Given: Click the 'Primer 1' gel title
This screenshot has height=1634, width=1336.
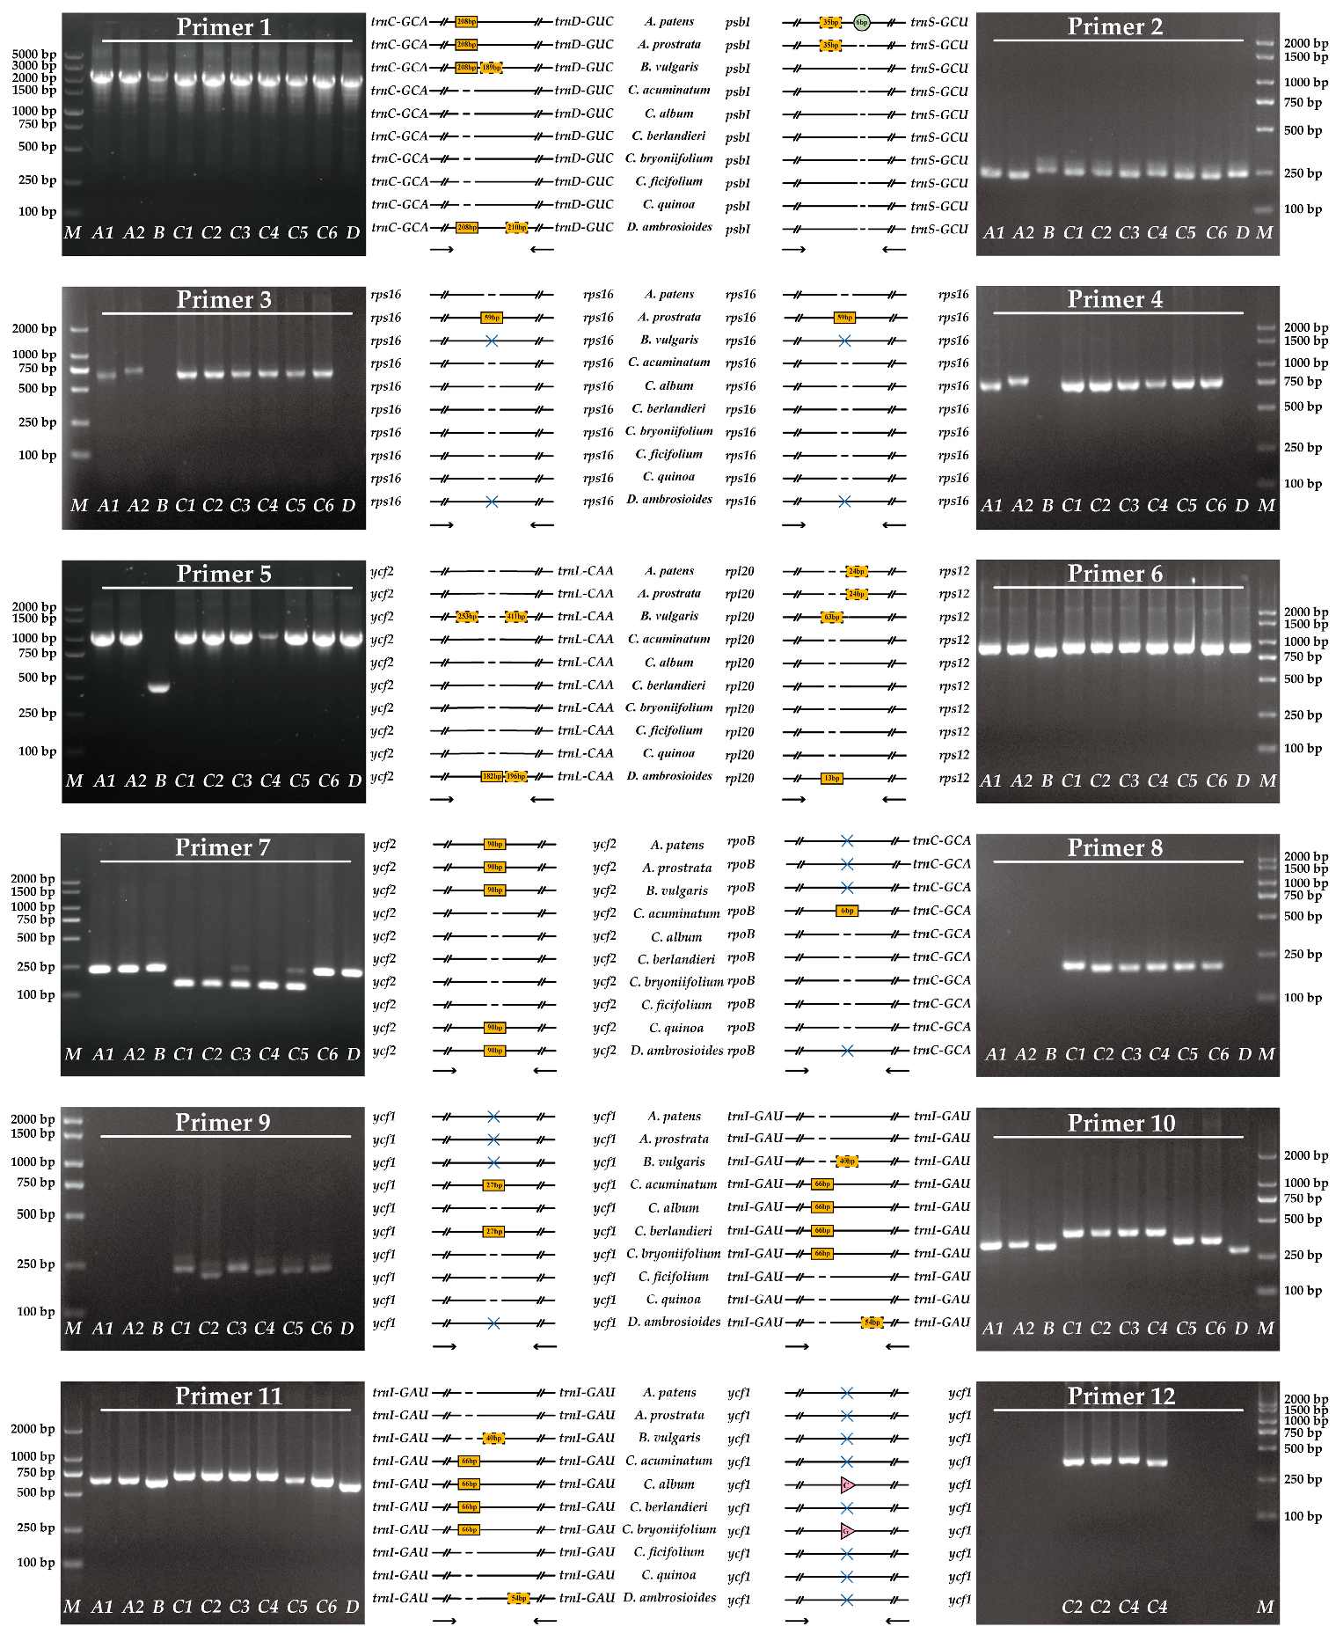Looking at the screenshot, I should coord(223,27).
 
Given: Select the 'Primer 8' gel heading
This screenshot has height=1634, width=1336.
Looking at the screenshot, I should coord(1114,847).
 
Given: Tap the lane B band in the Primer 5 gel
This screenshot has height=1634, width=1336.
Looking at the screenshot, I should coord(158,687).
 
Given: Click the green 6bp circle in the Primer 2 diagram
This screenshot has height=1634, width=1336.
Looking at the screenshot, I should coord(861,22).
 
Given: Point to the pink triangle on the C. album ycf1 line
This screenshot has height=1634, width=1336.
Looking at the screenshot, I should coord(848,1485).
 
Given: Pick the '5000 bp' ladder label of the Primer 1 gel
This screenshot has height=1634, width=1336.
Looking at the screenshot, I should coord(34,55).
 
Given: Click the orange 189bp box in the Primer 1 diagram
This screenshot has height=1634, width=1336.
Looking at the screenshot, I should coord(492,68).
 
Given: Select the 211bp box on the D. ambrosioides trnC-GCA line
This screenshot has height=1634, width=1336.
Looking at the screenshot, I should coord(516,228).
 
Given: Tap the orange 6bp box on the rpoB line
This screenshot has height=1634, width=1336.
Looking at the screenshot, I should coord(846,911).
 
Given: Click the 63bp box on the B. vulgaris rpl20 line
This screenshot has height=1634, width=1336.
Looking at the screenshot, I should coord(831,617).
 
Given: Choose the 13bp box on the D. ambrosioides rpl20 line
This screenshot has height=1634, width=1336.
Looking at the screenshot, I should coord(831,778).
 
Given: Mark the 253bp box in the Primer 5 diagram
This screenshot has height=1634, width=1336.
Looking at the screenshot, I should coord(467,617).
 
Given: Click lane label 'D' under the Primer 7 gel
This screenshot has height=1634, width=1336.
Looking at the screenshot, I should coord(353,1054).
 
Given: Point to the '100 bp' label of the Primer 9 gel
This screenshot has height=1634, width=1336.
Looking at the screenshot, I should coord(36,1311).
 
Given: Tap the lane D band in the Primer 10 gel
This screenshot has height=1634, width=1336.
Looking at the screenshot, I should coord(1239,1249).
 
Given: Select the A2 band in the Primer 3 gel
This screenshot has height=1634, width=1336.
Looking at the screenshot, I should coord(135,370).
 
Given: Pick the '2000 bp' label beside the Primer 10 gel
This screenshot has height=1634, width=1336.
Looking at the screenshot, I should coord(1306,1155).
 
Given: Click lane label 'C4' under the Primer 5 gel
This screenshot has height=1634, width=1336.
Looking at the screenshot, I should coord(270,780).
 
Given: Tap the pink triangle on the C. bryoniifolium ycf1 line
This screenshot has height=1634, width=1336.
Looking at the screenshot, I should coord(848,1531).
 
